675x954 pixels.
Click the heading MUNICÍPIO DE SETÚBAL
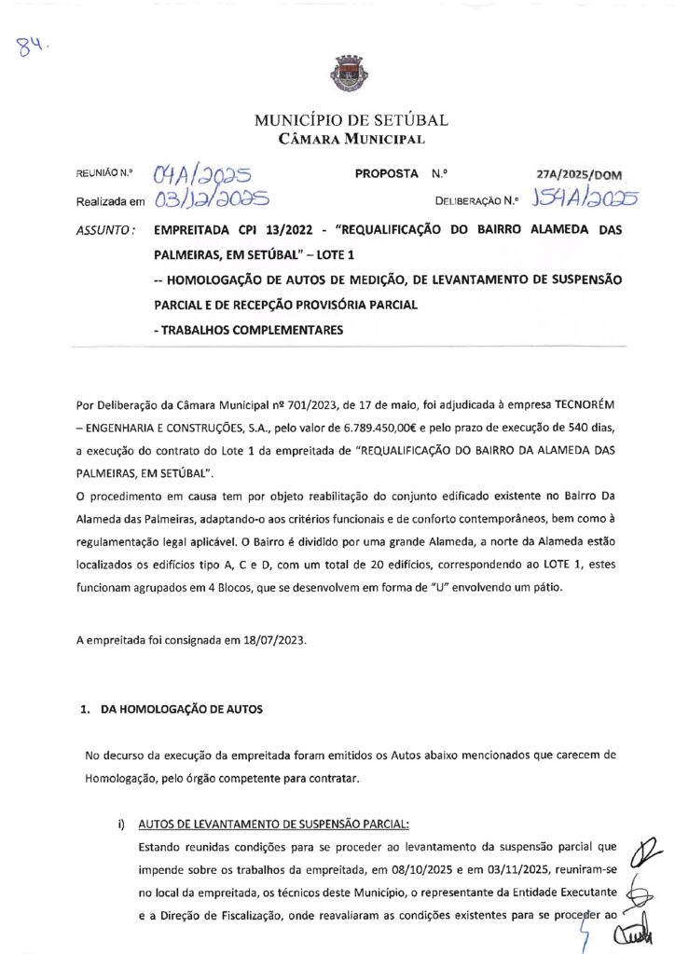(x=351, y=120)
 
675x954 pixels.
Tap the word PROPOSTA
(x=386, y=174)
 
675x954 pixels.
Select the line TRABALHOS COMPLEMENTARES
(x=251, y=329)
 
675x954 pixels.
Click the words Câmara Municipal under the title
(x=351, y=140)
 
